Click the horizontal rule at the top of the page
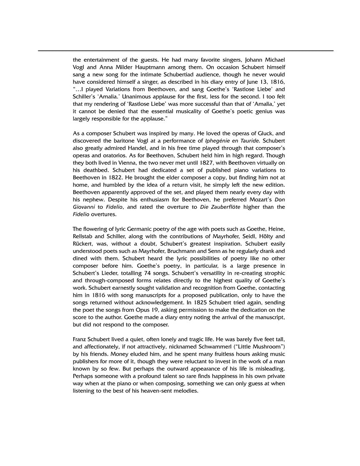pos(185,51)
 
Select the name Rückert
pos(85,244)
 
